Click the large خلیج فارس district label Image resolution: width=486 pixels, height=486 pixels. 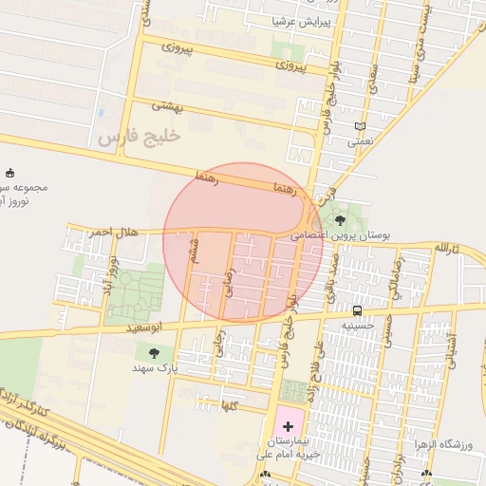pyautogui.click(x=139, y=138)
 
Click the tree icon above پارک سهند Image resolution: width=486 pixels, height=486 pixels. pyautogui.click(x=154, y=353)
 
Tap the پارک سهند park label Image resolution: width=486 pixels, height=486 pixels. pyautogui.click(x=154, y=367)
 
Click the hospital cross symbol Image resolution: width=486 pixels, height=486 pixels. pyautogui.click(x=288, y=427)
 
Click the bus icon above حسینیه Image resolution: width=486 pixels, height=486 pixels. pyautogui.click(x=357, y=310)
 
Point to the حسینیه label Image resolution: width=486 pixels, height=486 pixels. pyautogui.click(x=358, y=325)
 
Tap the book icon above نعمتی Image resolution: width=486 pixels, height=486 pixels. pyautogui.click(x=359, y=127)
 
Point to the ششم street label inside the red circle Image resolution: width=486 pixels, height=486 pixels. pyautogui.click(x=195, y=250)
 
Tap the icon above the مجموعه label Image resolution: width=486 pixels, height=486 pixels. pyautogui.click(x=10, y=173)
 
